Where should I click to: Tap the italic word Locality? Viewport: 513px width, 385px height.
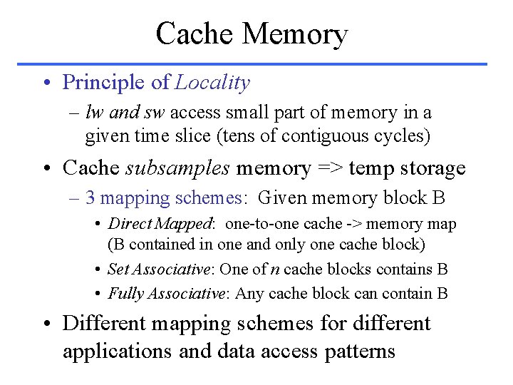212,83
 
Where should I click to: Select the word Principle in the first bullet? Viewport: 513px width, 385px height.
104,83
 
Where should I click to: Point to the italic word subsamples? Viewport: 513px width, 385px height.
177,168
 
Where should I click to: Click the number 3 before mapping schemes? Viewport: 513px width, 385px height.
90,197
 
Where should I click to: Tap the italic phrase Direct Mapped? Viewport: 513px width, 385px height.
160,224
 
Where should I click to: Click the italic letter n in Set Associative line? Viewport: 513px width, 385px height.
274,269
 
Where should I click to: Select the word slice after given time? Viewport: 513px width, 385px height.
192,135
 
